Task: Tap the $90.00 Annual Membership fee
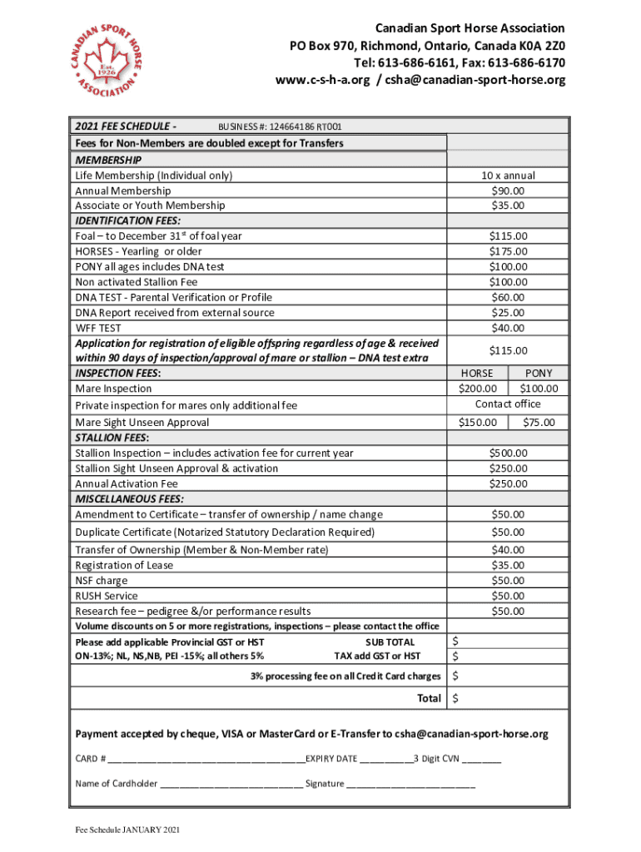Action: click(508, 191)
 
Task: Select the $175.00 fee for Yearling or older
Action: click(508, 251)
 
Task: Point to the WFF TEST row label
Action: click(98, 328)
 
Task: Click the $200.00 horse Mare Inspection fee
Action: click(477, 389)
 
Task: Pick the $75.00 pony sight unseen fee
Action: click(539, 423)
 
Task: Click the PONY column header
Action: click(539, 374)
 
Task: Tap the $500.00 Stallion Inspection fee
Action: click(508, 453)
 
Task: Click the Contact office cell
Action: click(508, 404)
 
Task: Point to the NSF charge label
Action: click(102, 581)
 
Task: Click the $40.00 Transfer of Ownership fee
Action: click(508, 550)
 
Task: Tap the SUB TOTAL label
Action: click(390, 642)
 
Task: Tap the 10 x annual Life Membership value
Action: click(508, 176)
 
